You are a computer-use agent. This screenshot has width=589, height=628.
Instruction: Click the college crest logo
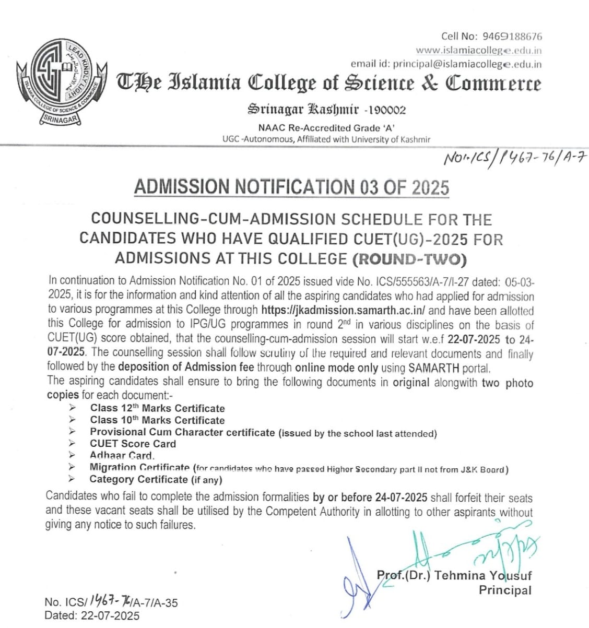[62, 81]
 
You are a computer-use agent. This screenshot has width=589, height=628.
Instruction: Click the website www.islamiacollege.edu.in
[478, 51]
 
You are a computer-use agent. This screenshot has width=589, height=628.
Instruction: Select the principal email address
[467, 64]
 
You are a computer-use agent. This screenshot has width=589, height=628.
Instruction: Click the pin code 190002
[387, 110]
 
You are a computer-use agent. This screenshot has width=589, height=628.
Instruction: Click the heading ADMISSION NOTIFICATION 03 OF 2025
[291, 186]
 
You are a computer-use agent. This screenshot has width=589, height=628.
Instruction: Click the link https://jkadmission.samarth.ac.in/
[344, 310]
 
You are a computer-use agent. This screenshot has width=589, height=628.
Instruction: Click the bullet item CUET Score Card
[133, 444]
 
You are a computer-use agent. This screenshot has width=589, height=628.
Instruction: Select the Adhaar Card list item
[122, 455]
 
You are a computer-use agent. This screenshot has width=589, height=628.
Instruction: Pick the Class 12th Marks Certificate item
[157, 408]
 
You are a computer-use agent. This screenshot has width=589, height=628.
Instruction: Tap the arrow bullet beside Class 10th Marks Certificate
[72, 420]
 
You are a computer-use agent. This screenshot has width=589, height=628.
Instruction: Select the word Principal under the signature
[505, 590]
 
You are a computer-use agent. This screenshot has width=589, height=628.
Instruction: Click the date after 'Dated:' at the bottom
[110, 615]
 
